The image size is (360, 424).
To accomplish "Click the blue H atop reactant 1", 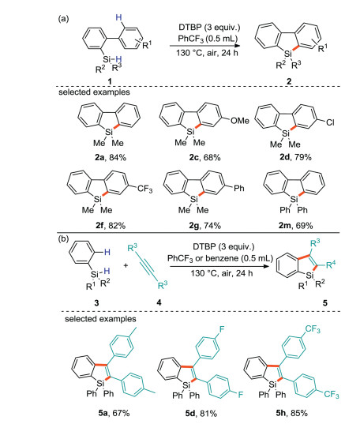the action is pos(118,18).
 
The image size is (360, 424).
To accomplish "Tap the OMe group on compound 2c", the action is pos(240,120).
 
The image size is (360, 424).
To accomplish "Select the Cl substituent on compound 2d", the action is pos(330,122).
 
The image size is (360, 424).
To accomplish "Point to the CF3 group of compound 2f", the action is pos(144,189).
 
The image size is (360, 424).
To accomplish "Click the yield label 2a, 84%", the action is pos(111,157).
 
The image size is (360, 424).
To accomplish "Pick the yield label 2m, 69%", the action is pos(295,225).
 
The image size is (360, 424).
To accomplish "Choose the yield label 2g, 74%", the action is pos(204,225).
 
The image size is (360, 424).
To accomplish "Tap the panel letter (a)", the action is pos(64,19).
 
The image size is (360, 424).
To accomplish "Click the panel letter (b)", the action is pos(64,238).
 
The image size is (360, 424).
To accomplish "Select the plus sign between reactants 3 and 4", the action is pos(126,265).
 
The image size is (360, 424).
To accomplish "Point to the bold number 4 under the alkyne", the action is pos(159,302).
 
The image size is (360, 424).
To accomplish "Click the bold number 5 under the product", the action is pos(325,302).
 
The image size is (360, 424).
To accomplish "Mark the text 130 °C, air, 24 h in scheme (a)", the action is pos(207,53).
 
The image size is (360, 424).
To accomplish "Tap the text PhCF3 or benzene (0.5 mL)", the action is pos(220,258).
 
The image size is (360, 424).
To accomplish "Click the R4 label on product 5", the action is pos(331,265).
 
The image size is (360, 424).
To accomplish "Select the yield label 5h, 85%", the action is pos(291,413).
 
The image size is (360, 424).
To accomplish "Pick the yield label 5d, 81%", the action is pos(201,413).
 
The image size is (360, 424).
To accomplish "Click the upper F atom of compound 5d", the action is pos(222,329).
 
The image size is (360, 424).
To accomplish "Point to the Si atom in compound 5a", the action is pos(100,383).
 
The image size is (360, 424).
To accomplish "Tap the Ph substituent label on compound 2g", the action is pos(239,188).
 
